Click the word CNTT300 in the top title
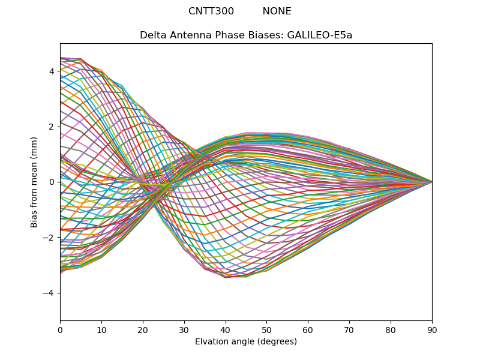(211, 11)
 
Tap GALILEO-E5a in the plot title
(320, 35)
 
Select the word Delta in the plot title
(152, 35)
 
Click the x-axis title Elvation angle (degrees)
(246, 342)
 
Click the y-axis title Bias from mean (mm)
(35, 182)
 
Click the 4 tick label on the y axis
(52, 71)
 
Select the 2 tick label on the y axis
(52, 127)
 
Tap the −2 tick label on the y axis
(49, 238)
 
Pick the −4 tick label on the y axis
(49, 293)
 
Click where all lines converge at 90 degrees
(432, 182)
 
